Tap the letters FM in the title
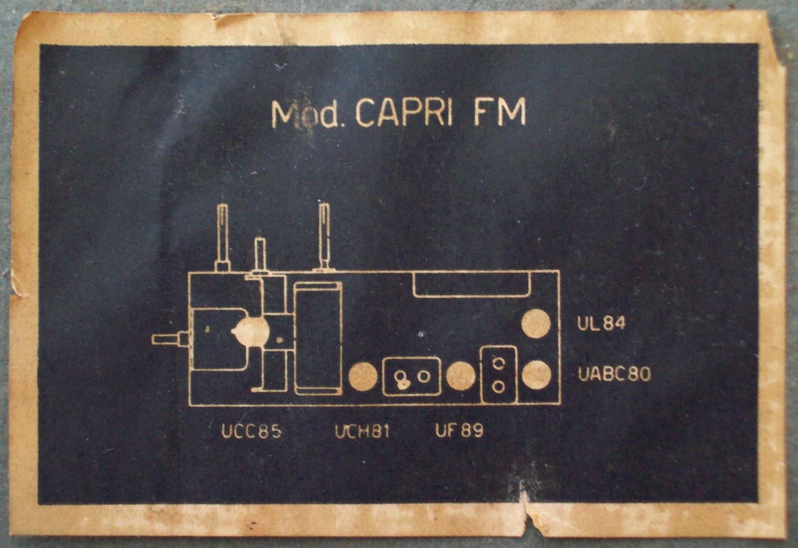click(x=500, y=113)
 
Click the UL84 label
click(x=601, y=323)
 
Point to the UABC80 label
click(x=614, y=375)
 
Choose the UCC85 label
click(x=251, y=431)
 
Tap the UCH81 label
click(x=362, y=431)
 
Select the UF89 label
click(x=459, y=431)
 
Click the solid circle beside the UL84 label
click(x=536, y=323)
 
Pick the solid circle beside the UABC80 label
click(x=536, y=375)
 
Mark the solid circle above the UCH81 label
click(x=363, y=377)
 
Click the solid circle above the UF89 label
click(x=461, y=376)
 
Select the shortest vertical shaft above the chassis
click(x=260, y=255)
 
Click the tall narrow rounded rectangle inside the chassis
click(x=318, y=338)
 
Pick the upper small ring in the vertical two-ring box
click(x=498, y=363)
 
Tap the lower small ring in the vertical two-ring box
click(x=498, y=387)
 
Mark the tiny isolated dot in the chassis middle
click(x=420, y=334)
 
